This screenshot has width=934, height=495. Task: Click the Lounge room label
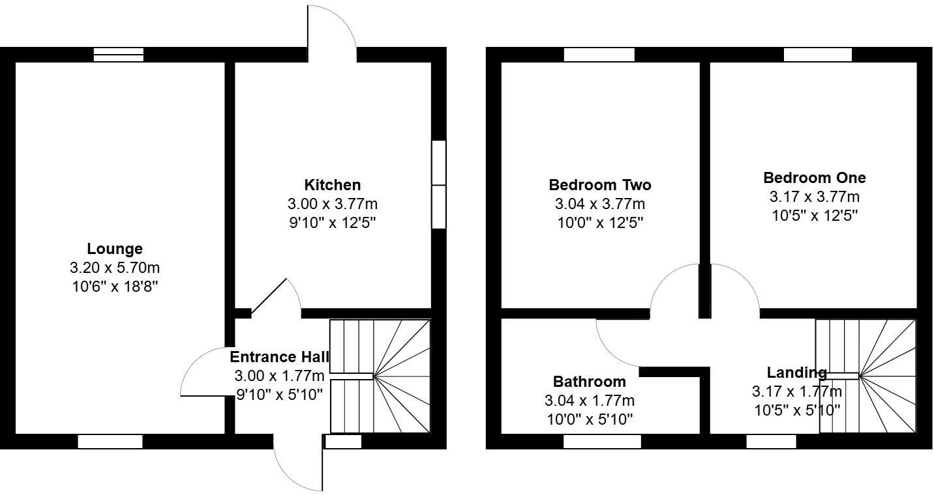pyautogui.click(x=115, y=249)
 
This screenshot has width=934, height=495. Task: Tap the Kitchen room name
pyautogui.click(x=332, y=185)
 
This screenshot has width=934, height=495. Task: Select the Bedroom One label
pyautogui.click(x=815, y=178)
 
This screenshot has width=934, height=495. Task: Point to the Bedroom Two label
pyautogui.click(x=599, y=185)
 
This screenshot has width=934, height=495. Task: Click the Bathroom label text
pyautogui.click(x=589, y=382)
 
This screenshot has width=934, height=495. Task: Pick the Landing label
pyautogui.click(x=796, y=373)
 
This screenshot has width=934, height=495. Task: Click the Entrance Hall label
pyautogui.click(x=279, y=357)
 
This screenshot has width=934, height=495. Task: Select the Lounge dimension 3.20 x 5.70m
pyautogui.click(x=115, y=268)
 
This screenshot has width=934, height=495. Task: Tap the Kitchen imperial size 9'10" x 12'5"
pyautogui.click(x=332, y=223)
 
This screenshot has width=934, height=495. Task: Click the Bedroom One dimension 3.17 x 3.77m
pyautogui.click(x=815, y=197)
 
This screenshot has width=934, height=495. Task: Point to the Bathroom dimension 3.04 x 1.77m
pyautogui.click(x=589, y=401)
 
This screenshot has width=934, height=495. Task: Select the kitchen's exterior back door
pyautogui.click(x=331, y=29)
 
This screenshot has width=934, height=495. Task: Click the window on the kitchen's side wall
pyautogui.click(x=439, y=185)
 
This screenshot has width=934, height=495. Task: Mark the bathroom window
pyautogui.click(x=602, y=442)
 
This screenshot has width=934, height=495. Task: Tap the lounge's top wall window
pyautogui.click(x=118, y=55)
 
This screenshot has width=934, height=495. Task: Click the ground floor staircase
pyautogui.click(x=380, y=376)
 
